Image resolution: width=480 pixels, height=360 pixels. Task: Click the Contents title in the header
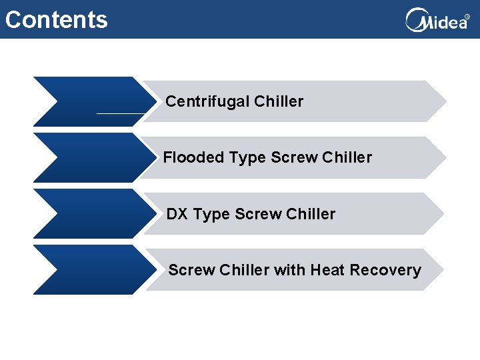(56, 19)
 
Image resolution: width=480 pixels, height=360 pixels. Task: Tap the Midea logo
(437, 21)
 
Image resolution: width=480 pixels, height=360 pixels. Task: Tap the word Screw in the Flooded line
(294, 158)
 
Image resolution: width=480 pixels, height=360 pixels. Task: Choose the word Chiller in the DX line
(310, 214)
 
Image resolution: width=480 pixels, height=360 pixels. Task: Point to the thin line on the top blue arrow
(120, 113)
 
